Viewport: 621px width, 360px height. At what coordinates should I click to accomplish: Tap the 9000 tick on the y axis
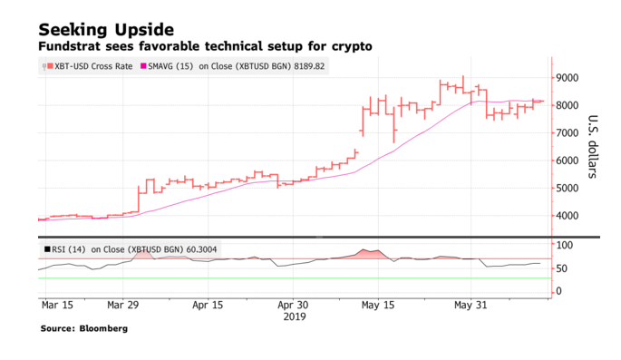click(569, 78)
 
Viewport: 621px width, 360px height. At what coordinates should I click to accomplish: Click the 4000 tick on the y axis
click(569, 216)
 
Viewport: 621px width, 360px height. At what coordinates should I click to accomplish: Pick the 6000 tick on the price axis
click(569, 161)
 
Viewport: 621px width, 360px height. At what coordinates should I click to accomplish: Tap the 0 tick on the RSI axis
click(559, 291)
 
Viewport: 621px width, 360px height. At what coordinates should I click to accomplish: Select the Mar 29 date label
click(126, 306)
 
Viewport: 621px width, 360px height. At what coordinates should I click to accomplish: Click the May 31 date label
click(471, 306)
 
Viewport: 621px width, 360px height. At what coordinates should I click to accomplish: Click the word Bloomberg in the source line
click(102, 328)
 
